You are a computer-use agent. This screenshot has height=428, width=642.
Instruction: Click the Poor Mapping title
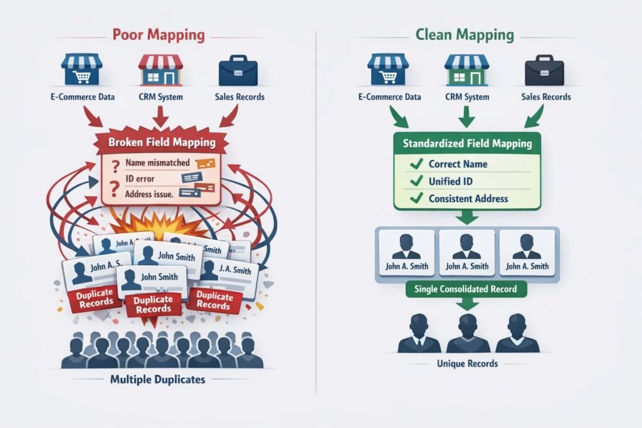(x=159, y=34)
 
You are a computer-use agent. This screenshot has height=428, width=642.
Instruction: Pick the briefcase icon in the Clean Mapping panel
(x=542, y=71)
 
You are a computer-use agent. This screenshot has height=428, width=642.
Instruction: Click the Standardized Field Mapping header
(x=467, y=144)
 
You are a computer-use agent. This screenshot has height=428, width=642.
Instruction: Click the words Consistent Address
(x=468, y=199)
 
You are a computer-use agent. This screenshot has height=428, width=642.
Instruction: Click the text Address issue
(x=149, y=194)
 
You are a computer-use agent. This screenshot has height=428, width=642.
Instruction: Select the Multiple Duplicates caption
(x=158, y=379)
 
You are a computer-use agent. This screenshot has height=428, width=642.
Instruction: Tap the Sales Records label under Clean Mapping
(x=546, y=97)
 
